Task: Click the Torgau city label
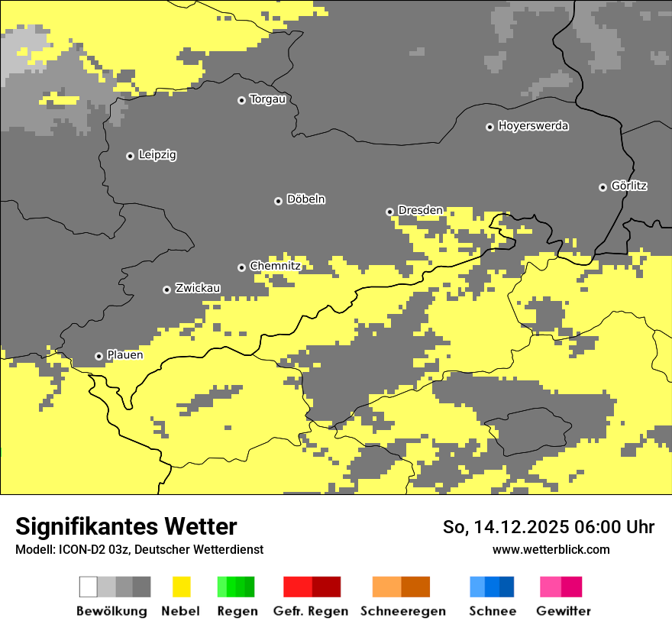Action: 267,99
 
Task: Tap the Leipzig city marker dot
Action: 130,156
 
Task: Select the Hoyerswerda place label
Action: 533,126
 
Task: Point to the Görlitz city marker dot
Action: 603,187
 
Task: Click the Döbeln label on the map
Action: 305,199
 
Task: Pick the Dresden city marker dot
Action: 389,212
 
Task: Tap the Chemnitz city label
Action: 275,266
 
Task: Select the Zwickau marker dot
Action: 166,290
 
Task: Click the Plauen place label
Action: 124,355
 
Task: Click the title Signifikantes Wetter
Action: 126,526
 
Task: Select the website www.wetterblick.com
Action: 551,549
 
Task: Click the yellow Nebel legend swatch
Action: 181,587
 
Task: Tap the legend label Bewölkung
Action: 111,611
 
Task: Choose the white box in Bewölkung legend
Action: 89,587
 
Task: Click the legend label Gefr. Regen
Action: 311,611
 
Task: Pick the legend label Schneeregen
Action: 402,611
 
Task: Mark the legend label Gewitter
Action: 563,611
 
